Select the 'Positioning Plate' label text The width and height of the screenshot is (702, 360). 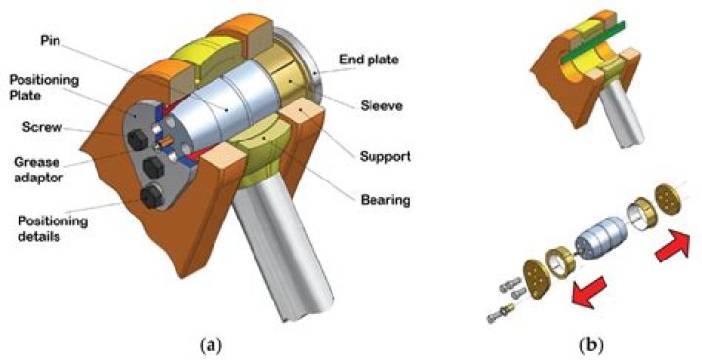coord(44,88)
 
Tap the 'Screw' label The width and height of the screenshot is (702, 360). coord(42,127)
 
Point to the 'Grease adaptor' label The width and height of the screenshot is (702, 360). coord(38,169)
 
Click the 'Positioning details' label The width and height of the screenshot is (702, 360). coord(53,229)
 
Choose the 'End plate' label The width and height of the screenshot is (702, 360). coord(369,60)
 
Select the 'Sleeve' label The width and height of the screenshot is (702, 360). coord(382,106)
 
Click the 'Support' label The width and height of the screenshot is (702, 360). coord(385,156)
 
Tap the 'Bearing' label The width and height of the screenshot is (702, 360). coord(385,200)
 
